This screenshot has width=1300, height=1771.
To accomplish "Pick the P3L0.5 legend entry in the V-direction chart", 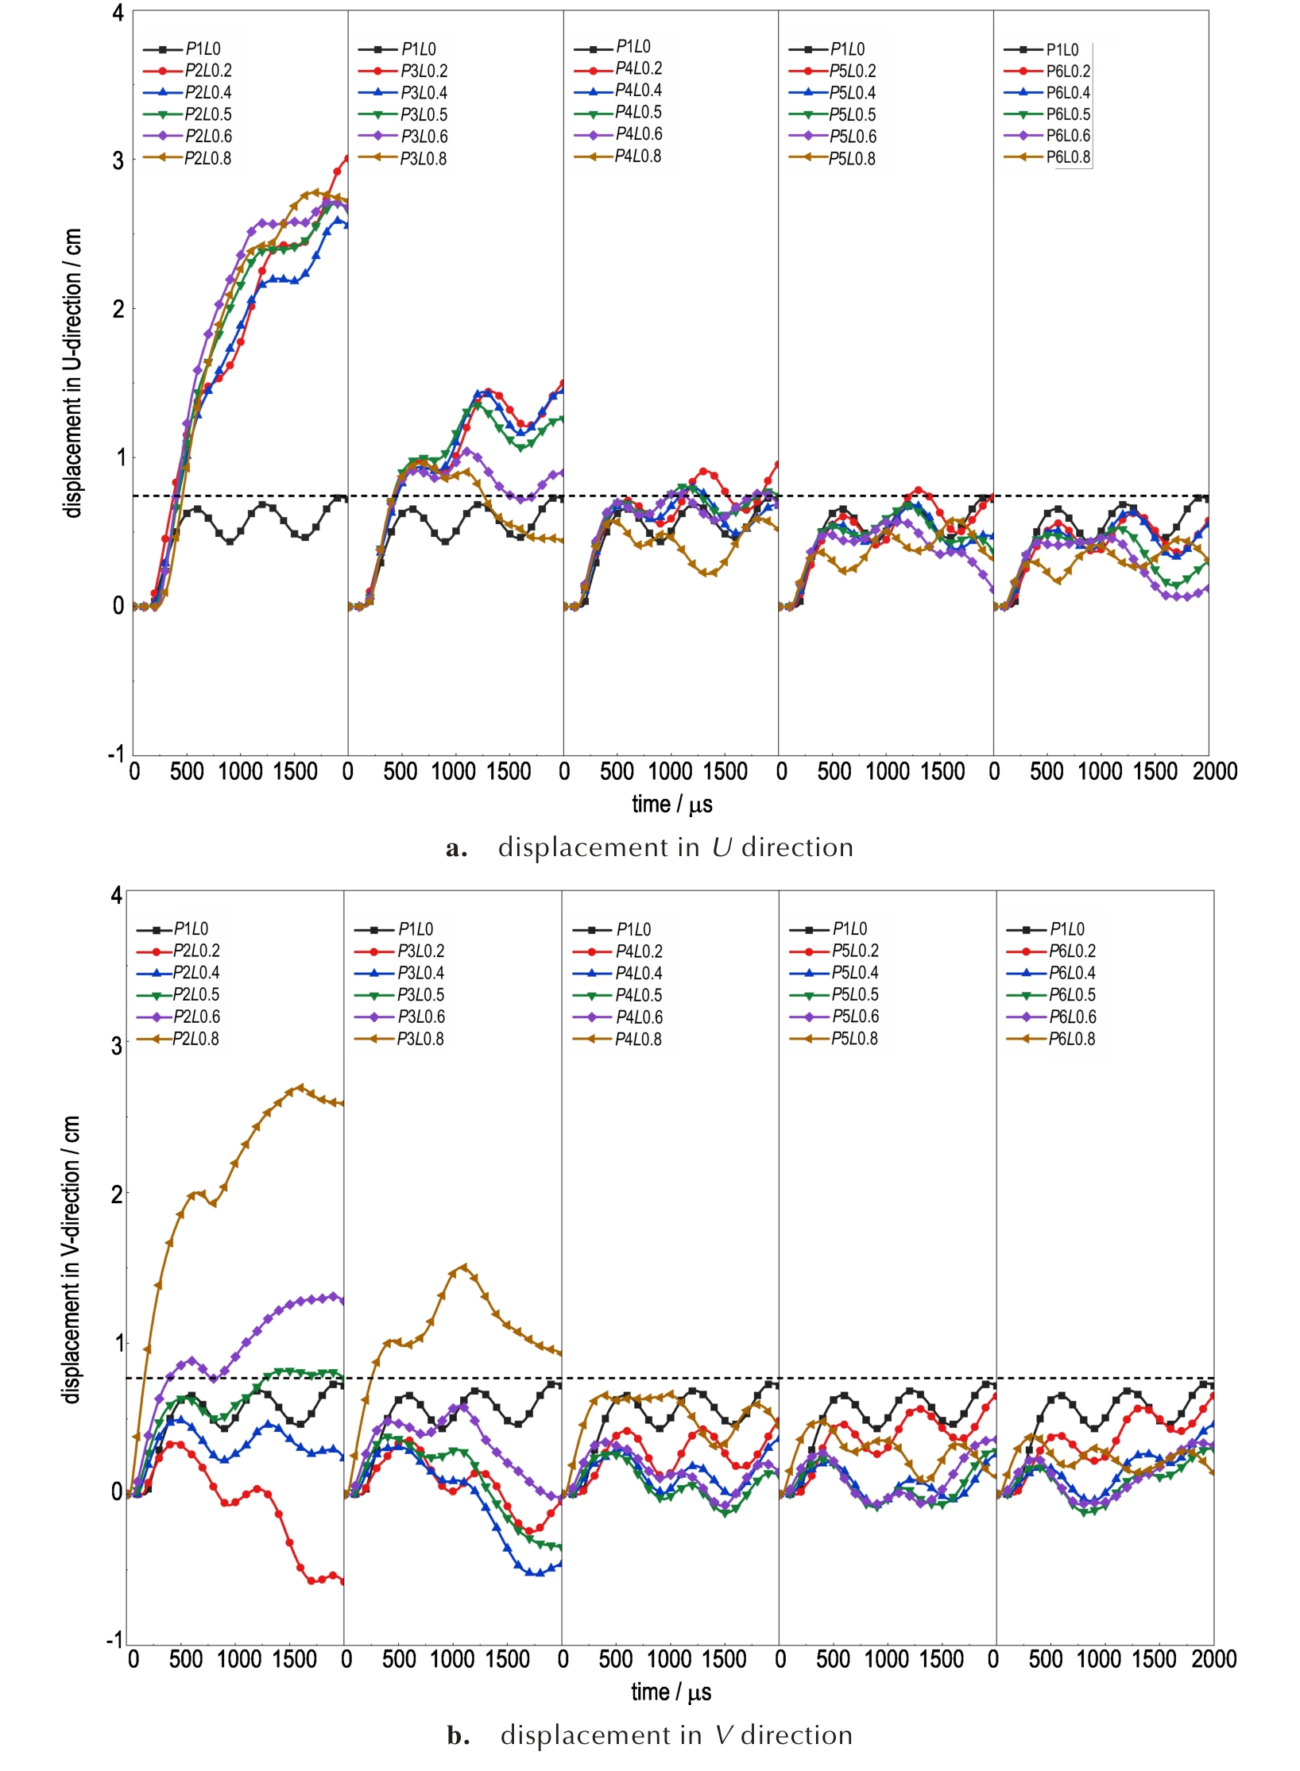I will click(420, 994).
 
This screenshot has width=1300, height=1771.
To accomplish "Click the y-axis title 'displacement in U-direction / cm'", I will click(73, 373).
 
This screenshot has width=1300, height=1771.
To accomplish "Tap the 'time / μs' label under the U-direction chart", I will click(672, 804).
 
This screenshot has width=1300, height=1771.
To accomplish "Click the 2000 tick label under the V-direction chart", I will click(1213, 1659).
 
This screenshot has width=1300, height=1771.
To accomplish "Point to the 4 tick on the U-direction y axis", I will click(118, 13).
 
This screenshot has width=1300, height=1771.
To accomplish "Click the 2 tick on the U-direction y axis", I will click(118, 309).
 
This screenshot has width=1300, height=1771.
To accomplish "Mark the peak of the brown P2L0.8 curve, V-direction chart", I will click(300, 1087).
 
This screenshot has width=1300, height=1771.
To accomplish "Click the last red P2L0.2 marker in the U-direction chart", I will click(346, 159).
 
